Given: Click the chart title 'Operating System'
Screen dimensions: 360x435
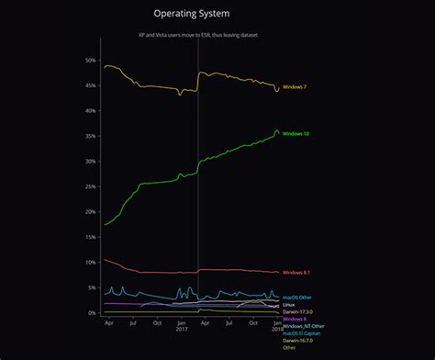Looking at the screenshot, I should pyautogui.click(x=198, y=15).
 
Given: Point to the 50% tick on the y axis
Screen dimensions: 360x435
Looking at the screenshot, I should pyautogui.click(x=90, y=61).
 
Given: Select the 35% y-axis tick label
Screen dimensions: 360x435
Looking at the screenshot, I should pyautogui.click(x=90, y=136).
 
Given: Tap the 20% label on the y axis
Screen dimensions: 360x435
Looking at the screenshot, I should pyautogui.click(x=90, y=212).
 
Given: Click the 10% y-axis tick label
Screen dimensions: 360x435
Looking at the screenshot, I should pyautogui.click(x=90, y=263).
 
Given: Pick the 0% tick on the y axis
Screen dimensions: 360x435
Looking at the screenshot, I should pyautogui.click(x=92, y=313).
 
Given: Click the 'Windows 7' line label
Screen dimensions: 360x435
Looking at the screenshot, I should pyautogui.click(x=295, y=87).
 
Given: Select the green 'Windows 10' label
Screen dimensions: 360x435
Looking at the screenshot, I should pyautogui.click(x=296, y=134).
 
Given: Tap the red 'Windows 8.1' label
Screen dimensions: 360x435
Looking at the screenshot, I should pyautogui.click(x=296, y=273).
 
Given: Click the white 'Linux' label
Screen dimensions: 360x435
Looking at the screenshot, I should pyautogui.click(x=288, y=305).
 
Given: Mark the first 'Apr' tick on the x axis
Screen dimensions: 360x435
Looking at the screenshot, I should pyautogui.click(x=109, y=323).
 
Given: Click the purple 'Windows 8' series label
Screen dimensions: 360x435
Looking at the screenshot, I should pyautogui.click(x=295, y=319).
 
